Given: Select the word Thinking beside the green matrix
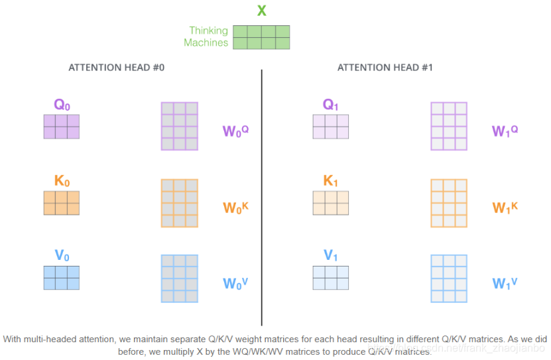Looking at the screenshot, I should (x=208, y=30).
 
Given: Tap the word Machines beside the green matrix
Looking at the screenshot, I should (x=206, y=42).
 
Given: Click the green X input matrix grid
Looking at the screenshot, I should (x=261, y=37).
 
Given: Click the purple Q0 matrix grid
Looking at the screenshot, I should (x=62, y=126).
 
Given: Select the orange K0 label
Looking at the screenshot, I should (x=62, y=181).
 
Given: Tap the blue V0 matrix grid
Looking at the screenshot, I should (x=62, y=278).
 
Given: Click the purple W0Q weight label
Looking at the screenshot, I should (x=235, y=131).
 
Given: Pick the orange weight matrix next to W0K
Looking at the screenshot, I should (x=180, y=204).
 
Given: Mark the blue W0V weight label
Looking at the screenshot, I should (x=235, y=283).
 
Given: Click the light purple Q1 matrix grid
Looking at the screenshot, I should (x=331, y=126).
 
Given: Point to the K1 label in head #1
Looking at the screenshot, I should (x=331, y=181).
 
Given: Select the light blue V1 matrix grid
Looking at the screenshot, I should (x=331, y=278).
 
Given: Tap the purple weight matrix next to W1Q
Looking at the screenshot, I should (x=449, y=126).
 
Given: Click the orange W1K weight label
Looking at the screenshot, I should (x=505, y=207).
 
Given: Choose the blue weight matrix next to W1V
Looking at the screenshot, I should (x=449, y=279).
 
